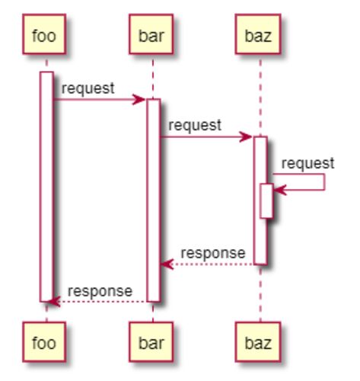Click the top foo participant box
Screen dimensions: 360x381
click(44, 34)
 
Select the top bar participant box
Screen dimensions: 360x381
click(151, 34)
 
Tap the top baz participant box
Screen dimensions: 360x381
click(258, 34)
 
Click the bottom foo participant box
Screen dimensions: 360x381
click(44, 341)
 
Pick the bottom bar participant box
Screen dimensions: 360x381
click(151, 341)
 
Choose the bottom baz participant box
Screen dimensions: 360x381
click(258, 341)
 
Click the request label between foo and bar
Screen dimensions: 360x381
click(88, 88)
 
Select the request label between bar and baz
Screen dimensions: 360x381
click(195, 126)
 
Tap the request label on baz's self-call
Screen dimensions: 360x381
click(307, 163)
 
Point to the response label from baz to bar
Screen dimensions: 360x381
click(213, 254)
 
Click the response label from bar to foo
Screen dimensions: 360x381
click(100, 291)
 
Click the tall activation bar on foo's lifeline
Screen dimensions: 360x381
click(46, 187)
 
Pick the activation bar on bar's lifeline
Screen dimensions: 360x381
click(154, 200)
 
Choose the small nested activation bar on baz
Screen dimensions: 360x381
click(266, 201)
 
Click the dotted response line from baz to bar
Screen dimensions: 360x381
click(207, 264)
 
